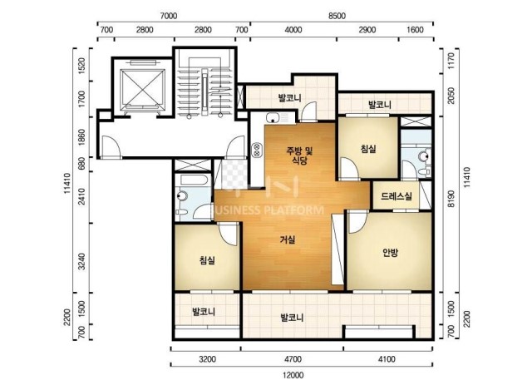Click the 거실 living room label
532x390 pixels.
tap(288, 239)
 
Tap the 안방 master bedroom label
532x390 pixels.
tap(390, 252)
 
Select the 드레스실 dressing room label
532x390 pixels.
tap(397, 196)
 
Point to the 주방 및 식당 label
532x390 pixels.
tap(299, 156)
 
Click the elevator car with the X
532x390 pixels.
tap(142, 87)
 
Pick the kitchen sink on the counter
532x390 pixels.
tap(273, 118)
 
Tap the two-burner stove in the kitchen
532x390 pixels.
tap(257, 150)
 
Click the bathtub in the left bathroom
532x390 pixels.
tap(194, 180)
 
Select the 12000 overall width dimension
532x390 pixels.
tap(293, 375)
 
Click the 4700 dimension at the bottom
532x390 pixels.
tap(293, 358)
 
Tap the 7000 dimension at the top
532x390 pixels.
tap(168, 16)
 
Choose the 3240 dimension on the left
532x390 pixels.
tap(81, 261)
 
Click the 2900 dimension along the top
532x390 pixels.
tap(367, 30)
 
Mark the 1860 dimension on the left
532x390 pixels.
tap(81, 137)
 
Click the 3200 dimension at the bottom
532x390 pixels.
tap(207, 358)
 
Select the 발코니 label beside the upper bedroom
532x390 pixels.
tap(380, 105)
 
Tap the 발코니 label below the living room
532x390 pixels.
tap(292, 318)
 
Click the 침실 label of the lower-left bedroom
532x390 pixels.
tap(207, 260)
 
